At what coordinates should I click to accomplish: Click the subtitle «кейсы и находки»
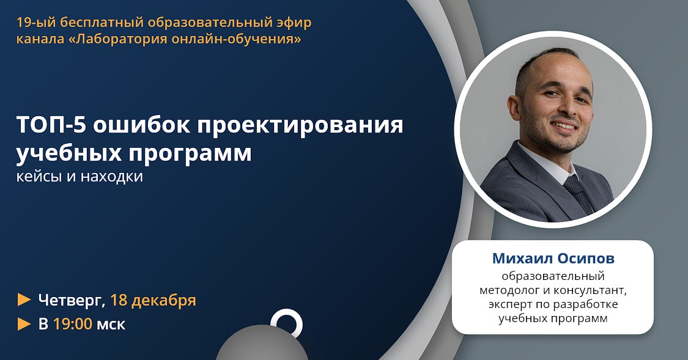[80, 176]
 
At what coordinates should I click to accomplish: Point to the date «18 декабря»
[153, 300]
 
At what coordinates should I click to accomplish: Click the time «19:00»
[73, 324]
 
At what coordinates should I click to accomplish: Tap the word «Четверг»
[72, 300]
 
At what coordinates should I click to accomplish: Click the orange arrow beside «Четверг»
[24, 299]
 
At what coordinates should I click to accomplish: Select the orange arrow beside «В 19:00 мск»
[24, 323]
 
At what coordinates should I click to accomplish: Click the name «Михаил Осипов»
[553, 259]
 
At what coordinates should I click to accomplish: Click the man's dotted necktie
[579, 193]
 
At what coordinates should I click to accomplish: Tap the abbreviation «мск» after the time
[111, 325]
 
